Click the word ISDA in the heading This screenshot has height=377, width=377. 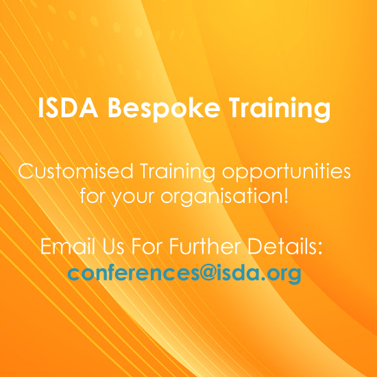[x=68, y=108]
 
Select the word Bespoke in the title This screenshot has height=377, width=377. [x=164, y=109]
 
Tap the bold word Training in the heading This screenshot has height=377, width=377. [x=280, y=109]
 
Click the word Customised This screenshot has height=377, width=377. [x=75, y=171]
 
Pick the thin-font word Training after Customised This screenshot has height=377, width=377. [x=178, y=172]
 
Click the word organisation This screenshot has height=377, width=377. [x=221, y=197]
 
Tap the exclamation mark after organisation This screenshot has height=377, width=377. [x=286, y=195]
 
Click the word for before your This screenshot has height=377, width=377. [x=94, y=195]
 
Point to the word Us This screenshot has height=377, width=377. [x=113, y=246]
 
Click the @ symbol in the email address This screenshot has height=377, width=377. [x=208, y=273]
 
